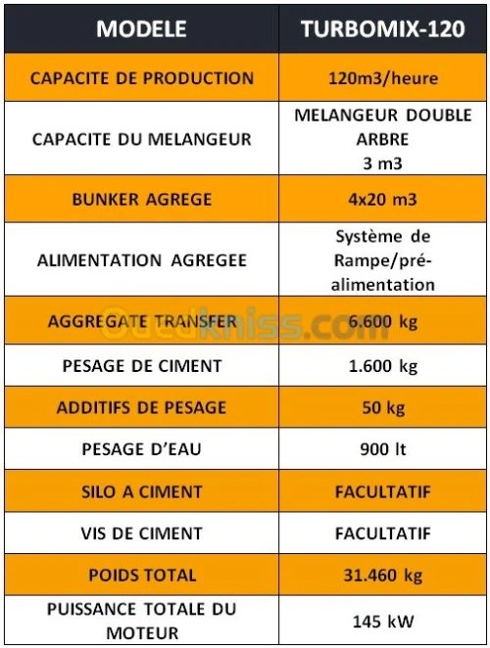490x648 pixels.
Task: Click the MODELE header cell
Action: point(141,29)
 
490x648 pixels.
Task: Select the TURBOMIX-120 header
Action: point(383,29)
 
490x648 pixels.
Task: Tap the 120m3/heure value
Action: point(383,78)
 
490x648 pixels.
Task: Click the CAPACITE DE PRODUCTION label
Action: point(141,78)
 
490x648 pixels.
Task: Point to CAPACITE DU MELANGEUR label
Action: point(141,139)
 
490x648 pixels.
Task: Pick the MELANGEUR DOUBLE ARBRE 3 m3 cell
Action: point(383,138)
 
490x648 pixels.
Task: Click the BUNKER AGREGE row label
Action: point(141,200)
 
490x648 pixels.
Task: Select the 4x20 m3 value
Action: point(383,200)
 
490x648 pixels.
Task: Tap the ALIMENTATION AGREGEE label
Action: point(141,260)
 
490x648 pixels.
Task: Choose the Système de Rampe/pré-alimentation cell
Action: point(383,260)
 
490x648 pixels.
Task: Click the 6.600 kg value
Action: point(383,321)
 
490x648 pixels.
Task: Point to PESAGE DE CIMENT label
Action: point(141,367)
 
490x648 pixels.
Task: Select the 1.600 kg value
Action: point(383,367)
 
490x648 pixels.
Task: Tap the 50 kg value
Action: point(383,408)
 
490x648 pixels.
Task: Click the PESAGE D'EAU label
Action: point(141,450)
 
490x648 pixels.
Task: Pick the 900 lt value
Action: point(383,450)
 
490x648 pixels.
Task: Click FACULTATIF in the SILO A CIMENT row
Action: point(383,491)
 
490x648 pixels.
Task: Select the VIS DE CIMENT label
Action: point(141,533)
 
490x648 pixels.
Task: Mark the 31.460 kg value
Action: point(383,575)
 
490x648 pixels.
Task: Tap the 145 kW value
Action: point(383,621)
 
